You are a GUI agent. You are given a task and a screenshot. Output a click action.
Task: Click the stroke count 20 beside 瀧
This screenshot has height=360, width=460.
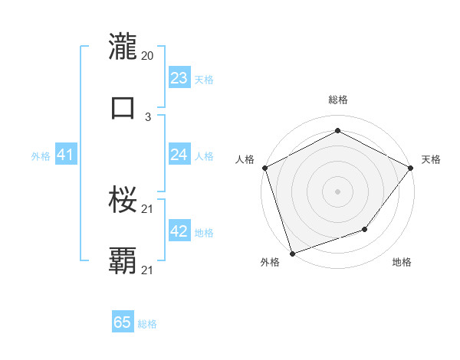pyautogui.click(x=148, y=56)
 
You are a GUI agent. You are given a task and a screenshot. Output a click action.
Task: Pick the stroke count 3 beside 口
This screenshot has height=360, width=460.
pyautogui.click(x=148, y=116)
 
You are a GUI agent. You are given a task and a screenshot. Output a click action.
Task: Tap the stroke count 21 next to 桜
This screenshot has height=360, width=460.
pyautogui.click(x=148, y=208)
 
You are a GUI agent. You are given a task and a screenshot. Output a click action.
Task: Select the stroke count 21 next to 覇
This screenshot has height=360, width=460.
pyautogui.click(x=148, y=269)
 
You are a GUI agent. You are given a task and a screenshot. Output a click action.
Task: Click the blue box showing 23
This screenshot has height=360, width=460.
pyautogui.click(x=179, y=78)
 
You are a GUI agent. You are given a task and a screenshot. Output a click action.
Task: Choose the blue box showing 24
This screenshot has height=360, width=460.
pyautogui.click(x=179, y=155)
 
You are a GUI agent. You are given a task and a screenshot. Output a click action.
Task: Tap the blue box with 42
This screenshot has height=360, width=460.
pyautogui.click(x=179, y=231)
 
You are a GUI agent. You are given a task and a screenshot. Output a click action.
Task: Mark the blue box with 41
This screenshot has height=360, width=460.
pyautogui.click(x=65, y=155)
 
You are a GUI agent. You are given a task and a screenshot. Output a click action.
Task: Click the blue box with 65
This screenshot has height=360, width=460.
pyautogui.click(x=123, y=322)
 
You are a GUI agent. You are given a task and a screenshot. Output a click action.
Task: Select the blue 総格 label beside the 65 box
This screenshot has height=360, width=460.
pyautogui.click(x=147, y=324)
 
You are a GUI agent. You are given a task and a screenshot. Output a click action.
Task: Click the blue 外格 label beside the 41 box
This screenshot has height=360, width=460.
pyautogui.click(x=41, y=156)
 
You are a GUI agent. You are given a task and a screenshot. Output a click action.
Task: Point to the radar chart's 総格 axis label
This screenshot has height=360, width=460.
pyautogui.click(x=337, y=100)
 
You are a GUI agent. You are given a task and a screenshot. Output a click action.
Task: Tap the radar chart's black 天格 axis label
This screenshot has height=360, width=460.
pyautogui.click(x=431, y=159)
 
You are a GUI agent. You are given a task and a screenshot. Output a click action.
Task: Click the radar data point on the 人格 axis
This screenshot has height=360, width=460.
pyautogui.click(x=264, y=168)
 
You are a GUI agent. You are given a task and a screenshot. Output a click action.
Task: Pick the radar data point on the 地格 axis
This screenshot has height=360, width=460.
pyautogui.click(x=365, y=229)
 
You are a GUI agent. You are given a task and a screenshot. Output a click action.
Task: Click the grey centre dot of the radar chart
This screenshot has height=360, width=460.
pyautogui.click(x=337, y=191)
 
